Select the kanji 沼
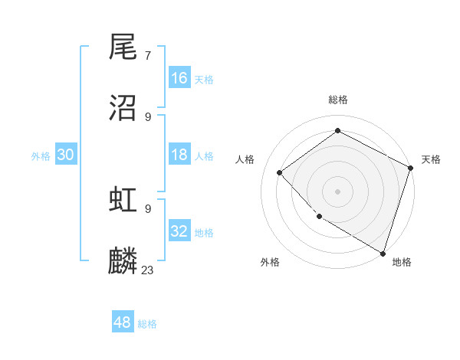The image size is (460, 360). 123,108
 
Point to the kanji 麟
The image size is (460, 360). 123,260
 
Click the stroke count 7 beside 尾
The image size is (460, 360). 148,55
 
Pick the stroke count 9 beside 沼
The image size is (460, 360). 148,116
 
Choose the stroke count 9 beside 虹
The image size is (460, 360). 148,208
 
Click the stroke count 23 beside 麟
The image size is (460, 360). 148,270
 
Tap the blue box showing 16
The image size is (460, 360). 179,78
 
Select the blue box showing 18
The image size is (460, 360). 179,155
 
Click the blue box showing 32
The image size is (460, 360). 179,231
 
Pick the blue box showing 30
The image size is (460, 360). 66,155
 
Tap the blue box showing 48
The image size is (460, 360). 123,322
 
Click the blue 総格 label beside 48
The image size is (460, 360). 147,324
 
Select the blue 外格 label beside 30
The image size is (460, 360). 41,156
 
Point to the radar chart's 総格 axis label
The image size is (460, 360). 337,100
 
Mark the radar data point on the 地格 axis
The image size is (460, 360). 383,252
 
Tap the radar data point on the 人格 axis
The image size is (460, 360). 280,172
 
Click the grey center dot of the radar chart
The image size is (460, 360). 337,191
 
